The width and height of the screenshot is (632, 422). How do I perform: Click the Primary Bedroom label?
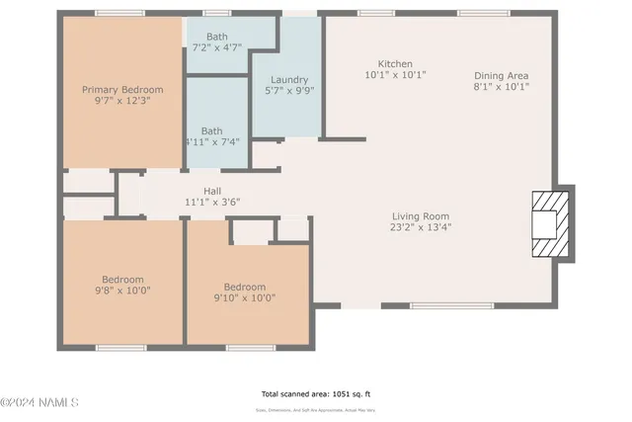(122, 89)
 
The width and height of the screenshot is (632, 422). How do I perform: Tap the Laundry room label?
(286, 80)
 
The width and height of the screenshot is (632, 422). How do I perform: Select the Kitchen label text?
(395, 63)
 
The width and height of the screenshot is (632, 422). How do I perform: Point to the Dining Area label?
(501, 75)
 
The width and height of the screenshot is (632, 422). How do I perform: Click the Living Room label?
(421, 216)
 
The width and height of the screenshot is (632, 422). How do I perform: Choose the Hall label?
(212, 191)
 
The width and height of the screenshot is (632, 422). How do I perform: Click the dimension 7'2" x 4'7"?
(216, 46)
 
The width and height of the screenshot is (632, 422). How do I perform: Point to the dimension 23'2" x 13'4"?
(421, 227)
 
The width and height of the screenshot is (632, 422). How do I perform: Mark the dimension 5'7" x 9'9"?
(286, 91)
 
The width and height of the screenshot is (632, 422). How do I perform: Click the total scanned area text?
(315, 392)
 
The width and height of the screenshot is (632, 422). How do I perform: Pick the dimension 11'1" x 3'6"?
(212, 202)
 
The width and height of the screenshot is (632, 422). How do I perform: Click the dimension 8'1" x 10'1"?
(501, 86)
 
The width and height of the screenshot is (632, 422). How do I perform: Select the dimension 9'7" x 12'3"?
(122, 100)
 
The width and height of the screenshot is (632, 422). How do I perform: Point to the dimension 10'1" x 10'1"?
(395, 74)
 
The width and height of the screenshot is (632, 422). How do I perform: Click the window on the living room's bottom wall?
(438, 305)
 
